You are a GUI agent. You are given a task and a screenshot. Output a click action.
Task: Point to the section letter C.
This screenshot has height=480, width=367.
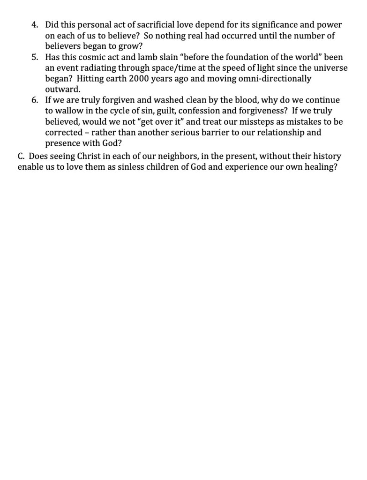click(21, 156)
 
